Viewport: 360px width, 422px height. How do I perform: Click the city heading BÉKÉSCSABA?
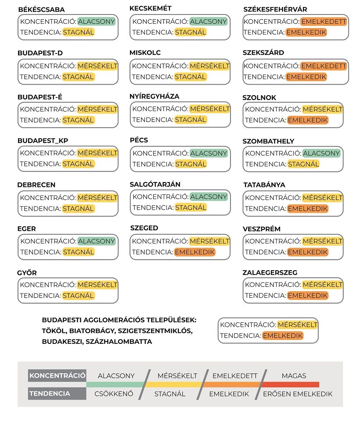[41, 10]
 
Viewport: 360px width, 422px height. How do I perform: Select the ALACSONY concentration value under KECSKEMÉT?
[209, 21]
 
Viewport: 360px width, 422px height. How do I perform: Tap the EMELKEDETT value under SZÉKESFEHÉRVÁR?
[324, 21]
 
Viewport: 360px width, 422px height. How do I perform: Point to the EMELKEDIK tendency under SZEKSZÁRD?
[306, 77]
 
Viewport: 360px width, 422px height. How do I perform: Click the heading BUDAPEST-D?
[40, 53]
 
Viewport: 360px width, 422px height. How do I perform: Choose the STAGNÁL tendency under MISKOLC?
[191, 77]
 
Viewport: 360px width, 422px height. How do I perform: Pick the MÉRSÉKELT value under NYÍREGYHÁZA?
[210, 109]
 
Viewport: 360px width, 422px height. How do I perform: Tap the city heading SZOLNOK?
[259, 97]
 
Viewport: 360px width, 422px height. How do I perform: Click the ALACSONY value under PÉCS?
[209, 153]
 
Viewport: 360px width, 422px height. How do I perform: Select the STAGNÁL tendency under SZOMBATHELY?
[303, 164]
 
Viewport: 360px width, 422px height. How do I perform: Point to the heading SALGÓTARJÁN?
[155, 184]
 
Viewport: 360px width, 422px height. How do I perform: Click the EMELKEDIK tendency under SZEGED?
[195, 252]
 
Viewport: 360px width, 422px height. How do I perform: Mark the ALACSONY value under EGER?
[97, 241]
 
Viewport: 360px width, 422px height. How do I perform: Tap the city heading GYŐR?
[27, 273]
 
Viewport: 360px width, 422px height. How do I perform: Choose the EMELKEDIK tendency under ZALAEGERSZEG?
[308, 296]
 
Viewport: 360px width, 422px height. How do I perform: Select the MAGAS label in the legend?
[294, 376]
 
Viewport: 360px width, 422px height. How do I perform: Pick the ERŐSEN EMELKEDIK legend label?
[298, 394]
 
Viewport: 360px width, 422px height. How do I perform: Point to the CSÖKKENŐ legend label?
[114, 394]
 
